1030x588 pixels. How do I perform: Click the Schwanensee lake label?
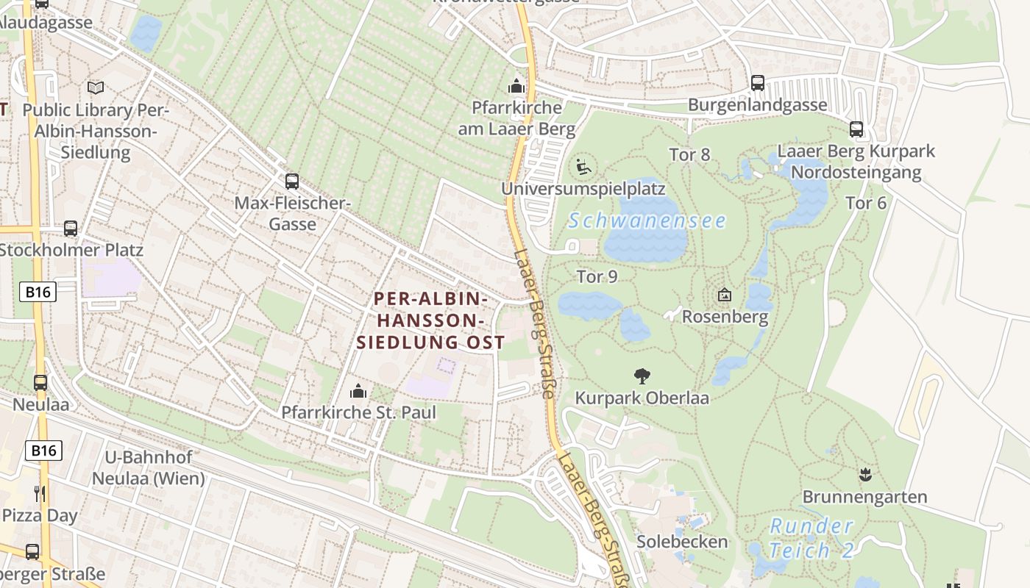647,220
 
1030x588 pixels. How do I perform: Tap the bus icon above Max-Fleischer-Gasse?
292,181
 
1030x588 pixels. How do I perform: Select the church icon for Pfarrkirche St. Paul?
358,390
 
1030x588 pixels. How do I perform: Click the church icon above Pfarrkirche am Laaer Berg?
516,86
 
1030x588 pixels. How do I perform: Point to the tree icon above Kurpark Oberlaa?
642,376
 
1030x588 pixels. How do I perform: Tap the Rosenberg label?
725,317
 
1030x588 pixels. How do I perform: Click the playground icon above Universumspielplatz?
583,167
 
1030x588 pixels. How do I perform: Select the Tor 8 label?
689,154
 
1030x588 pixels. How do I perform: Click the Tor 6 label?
866,203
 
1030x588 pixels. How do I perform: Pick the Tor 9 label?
597,276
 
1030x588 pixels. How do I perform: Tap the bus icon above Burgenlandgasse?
757,83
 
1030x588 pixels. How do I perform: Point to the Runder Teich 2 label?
811,538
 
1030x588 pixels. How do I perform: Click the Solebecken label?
681,542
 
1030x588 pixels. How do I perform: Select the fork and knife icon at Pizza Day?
40,493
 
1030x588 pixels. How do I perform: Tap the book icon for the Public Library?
96,87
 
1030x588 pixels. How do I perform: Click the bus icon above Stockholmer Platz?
71,228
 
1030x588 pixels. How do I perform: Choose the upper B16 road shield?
38,292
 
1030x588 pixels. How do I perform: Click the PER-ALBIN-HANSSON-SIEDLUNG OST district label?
430,320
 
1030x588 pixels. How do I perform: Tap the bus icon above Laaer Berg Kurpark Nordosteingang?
856,129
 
